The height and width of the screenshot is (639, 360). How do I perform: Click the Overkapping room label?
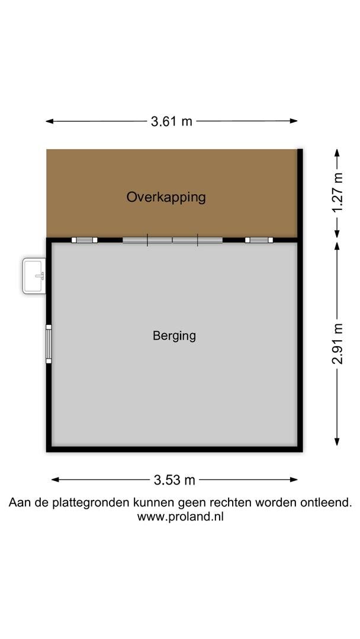click(x=166, y=198)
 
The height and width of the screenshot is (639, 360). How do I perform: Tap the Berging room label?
click(x=174, y=336)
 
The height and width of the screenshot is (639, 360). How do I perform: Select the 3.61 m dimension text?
click(x=171, y=121)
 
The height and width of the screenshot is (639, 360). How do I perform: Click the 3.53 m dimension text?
click(x=175, y=480)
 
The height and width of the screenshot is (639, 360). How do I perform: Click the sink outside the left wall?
click(x=34, y=276)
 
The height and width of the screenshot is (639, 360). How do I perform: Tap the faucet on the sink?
click(x=40, y=276)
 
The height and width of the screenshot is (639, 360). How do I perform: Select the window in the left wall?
click(x=49, y=344)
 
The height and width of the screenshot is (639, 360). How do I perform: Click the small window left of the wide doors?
click(x=85, y=240)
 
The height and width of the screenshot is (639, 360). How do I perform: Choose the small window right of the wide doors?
click(x=259, y=240)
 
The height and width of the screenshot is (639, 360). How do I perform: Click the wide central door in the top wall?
click(x=172, y=240)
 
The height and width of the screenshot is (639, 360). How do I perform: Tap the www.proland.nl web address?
click(x=180, y=517)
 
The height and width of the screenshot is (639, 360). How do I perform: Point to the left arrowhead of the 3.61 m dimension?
click(x=50, y=121)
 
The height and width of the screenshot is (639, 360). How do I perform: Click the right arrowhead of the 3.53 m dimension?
click(x=293, y=480)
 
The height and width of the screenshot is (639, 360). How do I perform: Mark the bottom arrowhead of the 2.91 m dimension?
click(x=337, y=441)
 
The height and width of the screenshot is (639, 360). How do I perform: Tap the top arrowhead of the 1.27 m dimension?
click(x=337, y=153)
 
